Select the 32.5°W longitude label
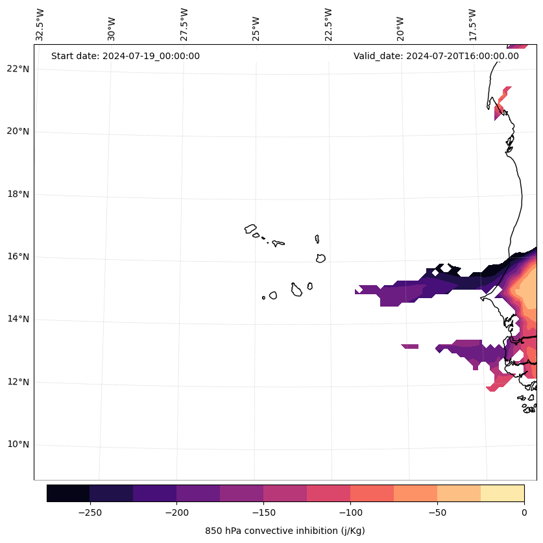40,25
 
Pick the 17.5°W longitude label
472,25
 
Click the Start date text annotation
125,56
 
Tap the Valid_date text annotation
436,56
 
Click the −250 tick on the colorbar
90,512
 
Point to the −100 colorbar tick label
350,512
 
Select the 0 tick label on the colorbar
524,512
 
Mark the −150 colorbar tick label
263,512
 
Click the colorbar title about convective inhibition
285,531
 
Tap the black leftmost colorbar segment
68,493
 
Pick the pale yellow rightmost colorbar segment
503,493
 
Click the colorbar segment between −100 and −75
372,493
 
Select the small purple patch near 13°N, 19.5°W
410,346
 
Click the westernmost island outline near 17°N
250,229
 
